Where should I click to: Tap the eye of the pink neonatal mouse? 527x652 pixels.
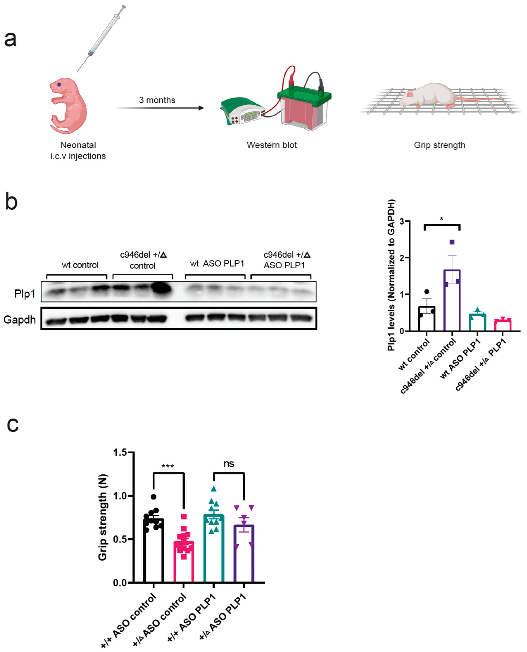coord(59,84)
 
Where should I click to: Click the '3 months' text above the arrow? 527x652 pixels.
coord(157,100)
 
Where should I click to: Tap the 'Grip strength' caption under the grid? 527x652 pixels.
coord(439,145)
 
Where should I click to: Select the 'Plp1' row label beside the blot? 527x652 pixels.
coord(25,293)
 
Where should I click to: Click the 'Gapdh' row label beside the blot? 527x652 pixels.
coord(20,319)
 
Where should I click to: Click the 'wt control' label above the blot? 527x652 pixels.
coord(80,265)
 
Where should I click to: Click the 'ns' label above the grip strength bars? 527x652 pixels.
coord(229,464)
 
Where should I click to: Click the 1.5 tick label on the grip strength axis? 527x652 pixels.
coord(120,453)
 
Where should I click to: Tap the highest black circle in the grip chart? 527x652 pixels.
coord(154,497)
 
